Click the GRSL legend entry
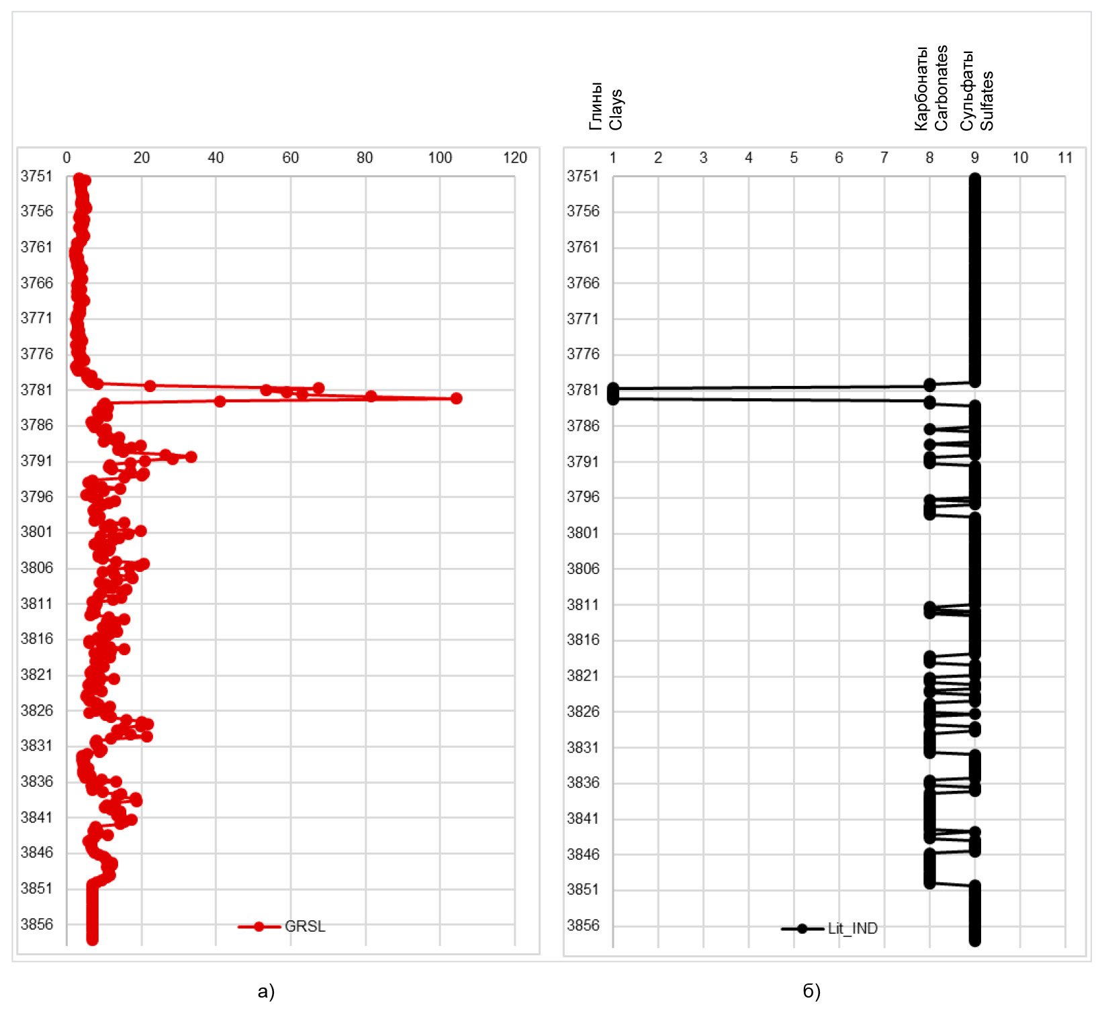pyautogui.click(x=304, y=926)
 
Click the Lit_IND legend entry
pyautogui.click(x=852, y=928)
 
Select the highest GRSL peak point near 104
pyautogui.click(x=456, y=398)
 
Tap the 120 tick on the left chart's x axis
pyautogui.click(x=515, y=158)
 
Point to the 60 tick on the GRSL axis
pyautogui.click(x=290, y=158)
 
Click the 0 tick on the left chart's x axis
pyautogui.click(x=66, y=158)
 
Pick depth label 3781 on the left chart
pyautogui.click(x=36, y=390)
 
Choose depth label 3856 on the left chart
pyautogui.click(x=36, y=924)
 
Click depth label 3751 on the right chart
pyautogui.click(x=583, y=176)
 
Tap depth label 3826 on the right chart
pyautogui.click(x=583, y=711)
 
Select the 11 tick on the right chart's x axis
pyautogui.click(x=1065, y=158)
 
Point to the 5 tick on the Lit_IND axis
pyautogui.click(x=794, y=158)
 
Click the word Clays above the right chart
pyautogui.click(x=616, y=109)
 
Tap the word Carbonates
pyautogui.click(x=941, y=87)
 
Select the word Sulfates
pyautogui.click(x=986, y=101)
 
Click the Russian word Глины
pyautogui.click(x=596, y=105)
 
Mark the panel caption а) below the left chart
pyautogui.click(x=266, y=992)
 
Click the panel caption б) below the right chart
pyautogui.click(x=811, y=992)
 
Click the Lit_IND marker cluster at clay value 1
pyautogui.click(x=613, y=393)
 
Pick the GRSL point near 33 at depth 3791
pyautogui.click(x=191, y=457)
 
